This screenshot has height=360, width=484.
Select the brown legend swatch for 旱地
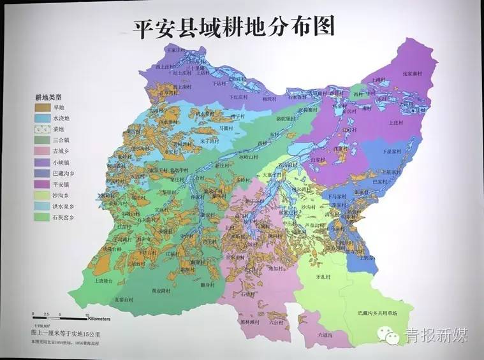pyautogui.click(x=43, y=108)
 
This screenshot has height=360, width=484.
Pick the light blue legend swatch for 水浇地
pyautogui.click(x=43, y=119)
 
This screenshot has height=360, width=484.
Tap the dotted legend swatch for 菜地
pyautogui.click(x=43, y=129)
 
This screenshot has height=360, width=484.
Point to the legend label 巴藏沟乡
pyautogui.click(x=68, y=173)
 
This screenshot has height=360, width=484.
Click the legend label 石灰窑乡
pyautogui.click(x=68, y=217)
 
